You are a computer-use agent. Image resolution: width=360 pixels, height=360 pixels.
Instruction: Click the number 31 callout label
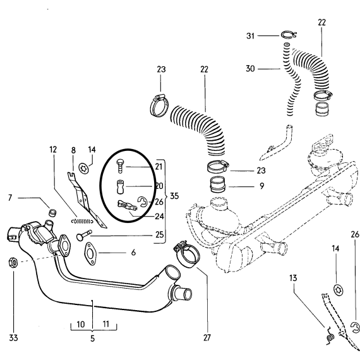tap(250, 36)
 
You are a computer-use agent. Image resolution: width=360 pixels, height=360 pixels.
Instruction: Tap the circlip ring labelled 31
tap(289, 35)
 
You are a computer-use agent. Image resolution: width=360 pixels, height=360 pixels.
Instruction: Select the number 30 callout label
tap(250, 69)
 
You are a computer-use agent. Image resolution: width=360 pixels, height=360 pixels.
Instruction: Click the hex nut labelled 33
tap(13, 262)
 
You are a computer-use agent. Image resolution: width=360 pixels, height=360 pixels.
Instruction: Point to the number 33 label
tap(13, 338)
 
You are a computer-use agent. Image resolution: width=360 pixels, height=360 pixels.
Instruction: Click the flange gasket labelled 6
tap(90, 254)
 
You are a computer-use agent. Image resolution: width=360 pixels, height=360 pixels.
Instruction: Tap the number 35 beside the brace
tap(174, 196)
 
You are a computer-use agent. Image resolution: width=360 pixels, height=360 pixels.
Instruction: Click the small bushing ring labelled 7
tap(53, 213)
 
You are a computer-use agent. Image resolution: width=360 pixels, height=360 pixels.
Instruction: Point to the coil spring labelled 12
tap(82, 221)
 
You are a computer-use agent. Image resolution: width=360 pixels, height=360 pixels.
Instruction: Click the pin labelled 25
tap(84, 236)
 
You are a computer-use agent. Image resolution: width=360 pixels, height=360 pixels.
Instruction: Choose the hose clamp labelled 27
tap(188, 256)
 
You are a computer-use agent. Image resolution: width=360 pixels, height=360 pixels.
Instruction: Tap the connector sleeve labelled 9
tap(218, 184)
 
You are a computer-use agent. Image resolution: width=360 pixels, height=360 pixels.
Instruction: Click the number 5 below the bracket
tap(92, 339)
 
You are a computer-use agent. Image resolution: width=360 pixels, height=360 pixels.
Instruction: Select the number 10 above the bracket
tap(81, 325)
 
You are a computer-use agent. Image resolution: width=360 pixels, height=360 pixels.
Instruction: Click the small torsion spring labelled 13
tap(330, 337)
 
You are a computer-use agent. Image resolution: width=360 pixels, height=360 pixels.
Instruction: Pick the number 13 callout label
tap(293, 278)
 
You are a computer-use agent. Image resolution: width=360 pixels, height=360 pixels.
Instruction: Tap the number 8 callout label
tap(73, 150)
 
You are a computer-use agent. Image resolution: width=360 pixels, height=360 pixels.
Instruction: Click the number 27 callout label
tap(207, 338)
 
